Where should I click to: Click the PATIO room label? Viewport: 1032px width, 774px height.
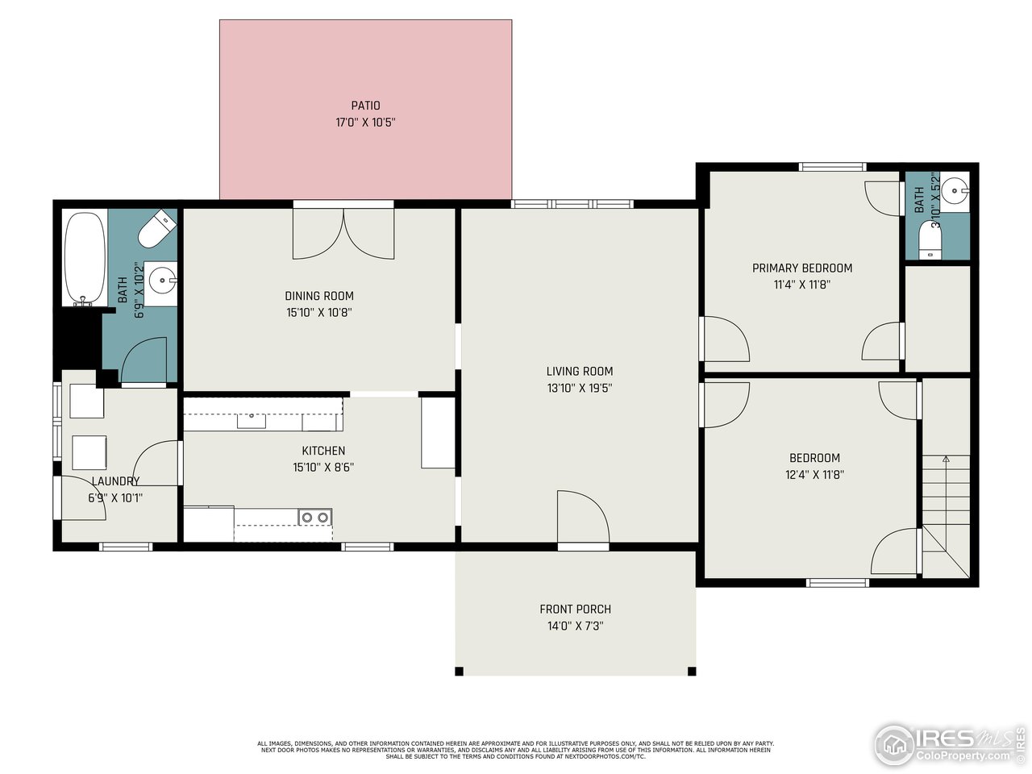click(365, 106)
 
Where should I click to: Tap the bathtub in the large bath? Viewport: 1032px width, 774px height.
click(85, 258)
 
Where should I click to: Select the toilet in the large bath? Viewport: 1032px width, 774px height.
click(156, 230)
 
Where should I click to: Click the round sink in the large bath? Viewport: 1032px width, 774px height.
click(164, 282)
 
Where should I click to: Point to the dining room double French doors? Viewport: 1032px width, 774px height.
click(343, 234)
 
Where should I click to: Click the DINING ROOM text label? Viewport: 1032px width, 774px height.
click(319, 296)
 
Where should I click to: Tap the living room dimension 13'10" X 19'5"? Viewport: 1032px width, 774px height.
click(579, 388)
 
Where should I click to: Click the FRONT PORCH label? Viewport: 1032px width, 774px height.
click(576, 610)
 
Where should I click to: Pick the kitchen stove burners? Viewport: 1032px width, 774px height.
click(314, 517)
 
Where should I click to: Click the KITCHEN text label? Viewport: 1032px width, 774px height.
click(323, 451)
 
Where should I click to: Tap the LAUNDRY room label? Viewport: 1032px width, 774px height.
click(115, 481)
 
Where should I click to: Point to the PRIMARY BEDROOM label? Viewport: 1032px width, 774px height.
click(802, 268)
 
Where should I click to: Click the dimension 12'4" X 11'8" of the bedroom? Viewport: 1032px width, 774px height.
click(814, 475)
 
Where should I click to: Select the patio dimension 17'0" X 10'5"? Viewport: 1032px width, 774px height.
click(365, 123)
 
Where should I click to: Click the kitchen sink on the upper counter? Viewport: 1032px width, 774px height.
click(252, 420)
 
